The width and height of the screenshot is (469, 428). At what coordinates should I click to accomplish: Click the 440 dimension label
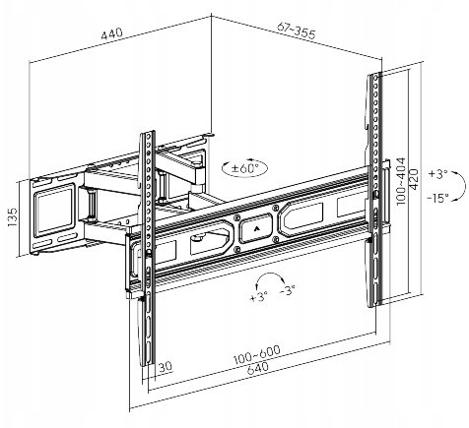point(111,33)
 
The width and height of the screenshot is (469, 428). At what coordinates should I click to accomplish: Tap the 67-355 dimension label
point(296,31)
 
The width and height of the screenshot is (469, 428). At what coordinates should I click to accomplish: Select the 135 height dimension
point(13,216)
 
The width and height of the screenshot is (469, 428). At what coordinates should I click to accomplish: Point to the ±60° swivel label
point(244,168)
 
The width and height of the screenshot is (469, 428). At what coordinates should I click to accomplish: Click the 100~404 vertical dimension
point(401,181)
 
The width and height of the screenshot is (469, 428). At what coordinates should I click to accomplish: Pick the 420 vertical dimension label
point(414,179)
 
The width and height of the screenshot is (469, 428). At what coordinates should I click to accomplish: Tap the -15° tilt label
point(438,198)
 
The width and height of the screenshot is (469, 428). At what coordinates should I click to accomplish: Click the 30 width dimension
point(166,366)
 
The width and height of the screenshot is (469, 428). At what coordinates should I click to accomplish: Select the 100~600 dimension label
point(257,354)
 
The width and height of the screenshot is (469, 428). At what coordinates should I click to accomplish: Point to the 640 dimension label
point(257,368)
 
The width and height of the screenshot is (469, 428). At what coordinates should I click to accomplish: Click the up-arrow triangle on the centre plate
point(256,228)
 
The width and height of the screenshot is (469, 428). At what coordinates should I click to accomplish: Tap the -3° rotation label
point(288,290)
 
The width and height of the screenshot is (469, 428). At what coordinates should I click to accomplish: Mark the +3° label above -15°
point(437,174)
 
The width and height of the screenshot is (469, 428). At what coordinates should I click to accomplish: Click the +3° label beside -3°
point(259,296)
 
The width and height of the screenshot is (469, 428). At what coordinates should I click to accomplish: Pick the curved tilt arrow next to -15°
point(460,185)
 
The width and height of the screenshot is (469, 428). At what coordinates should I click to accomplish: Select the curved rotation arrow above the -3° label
point(270,275)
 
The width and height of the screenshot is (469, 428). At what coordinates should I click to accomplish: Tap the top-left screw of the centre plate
point(236,217)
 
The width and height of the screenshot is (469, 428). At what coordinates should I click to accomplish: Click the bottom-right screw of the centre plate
point(275,239)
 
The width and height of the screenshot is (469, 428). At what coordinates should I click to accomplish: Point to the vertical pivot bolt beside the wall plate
point(92,204)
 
